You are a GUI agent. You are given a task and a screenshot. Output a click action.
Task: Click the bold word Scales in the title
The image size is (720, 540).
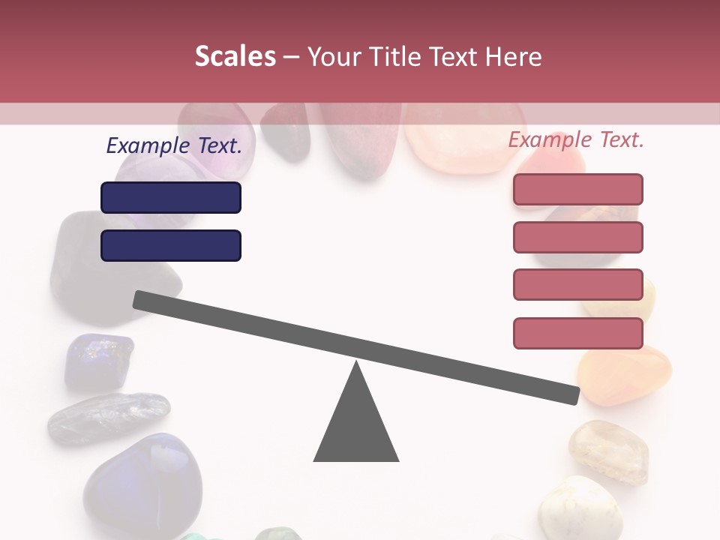(235, 57)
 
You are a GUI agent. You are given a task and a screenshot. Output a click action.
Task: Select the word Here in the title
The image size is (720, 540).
(513, 57)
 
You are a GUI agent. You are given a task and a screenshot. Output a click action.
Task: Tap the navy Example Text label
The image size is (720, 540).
(174, 145)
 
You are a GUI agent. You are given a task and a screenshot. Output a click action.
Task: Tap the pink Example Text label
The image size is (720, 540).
(576, 139)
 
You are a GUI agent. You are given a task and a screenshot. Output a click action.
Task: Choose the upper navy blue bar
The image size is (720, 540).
(171, 197)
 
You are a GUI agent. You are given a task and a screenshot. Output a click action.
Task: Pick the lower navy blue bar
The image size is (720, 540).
(171, 245)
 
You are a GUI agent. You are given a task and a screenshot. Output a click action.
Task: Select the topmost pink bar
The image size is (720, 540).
(578, 189)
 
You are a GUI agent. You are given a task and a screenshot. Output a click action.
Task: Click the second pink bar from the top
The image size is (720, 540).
(578, 237)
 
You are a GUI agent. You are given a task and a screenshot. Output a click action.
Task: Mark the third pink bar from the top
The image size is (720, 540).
(578, 285)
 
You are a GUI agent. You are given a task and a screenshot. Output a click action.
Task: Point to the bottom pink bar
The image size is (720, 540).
(578, 333)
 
